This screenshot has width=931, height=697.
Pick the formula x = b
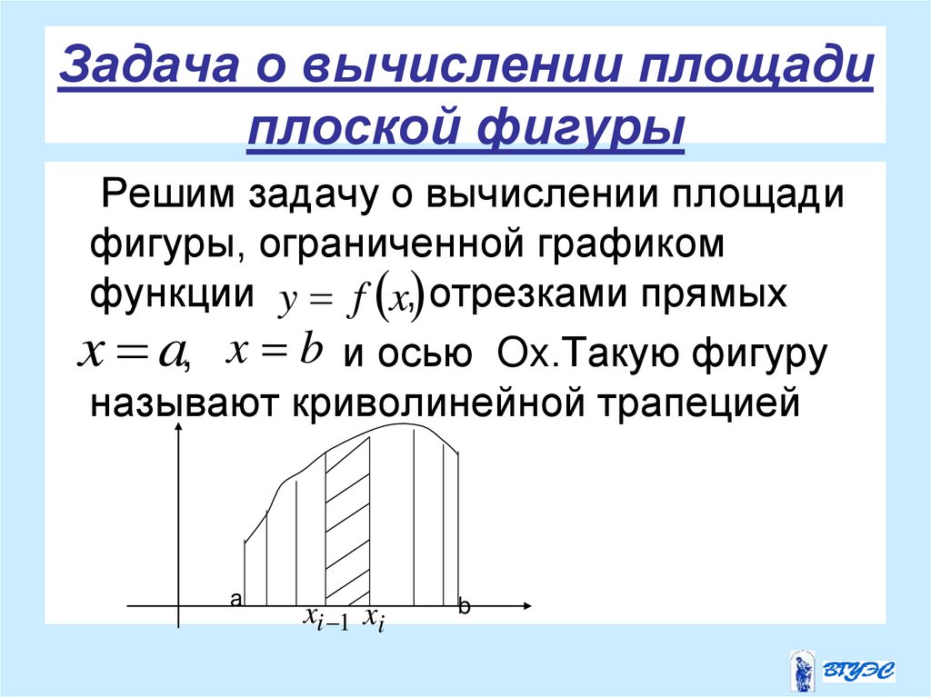275,349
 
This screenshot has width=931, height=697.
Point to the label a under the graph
235,599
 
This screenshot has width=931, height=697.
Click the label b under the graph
464,608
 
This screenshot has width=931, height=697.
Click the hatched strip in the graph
347,518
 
